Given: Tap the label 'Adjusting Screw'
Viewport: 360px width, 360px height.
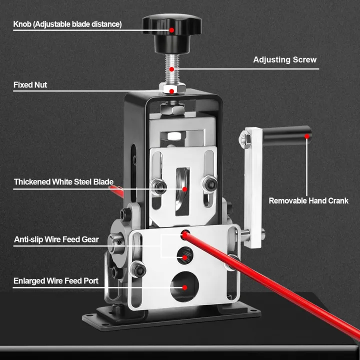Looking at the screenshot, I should coord(284,59).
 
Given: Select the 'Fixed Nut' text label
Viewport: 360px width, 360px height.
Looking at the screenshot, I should coord(30,85).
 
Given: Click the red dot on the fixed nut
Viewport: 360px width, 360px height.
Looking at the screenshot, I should coord(171,91).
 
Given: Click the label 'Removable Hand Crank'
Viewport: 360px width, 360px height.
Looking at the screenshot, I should coord(308,201).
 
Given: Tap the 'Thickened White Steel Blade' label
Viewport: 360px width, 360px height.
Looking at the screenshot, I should coord(63,182).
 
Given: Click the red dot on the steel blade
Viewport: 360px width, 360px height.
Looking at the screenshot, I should coord(184,189).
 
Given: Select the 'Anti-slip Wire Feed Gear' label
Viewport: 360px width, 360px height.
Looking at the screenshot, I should coord(56,239).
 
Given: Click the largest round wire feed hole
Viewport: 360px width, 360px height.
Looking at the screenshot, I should coord(184,287).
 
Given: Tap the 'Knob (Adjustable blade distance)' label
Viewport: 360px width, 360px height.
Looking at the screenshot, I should coord(67,24).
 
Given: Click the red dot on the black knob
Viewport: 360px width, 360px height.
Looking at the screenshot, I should coord(171,30).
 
